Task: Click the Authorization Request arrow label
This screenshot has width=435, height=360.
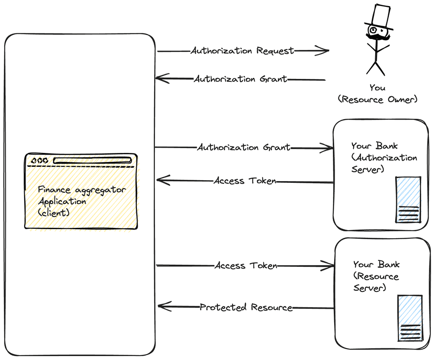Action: (242, 51)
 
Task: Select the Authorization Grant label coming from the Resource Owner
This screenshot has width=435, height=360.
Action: (240, 79)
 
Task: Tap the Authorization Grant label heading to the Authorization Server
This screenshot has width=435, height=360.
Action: (244, 148)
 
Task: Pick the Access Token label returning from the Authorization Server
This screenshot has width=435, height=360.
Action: (245, 181)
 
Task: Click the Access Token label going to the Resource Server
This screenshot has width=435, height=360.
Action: (246, 266)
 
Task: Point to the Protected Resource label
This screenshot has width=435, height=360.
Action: (246, 308)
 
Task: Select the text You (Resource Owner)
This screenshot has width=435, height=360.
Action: (377, 94)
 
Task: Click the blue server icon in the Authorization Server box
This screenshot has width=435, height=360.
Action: (408, 199)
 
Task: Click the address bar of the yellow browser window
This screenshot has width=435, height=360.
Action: (92, 161)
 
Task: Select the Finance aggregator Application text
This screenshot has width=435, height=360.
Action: (81, 196)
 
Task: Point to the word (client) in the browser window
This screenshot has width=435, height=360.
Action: (54, 213)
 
